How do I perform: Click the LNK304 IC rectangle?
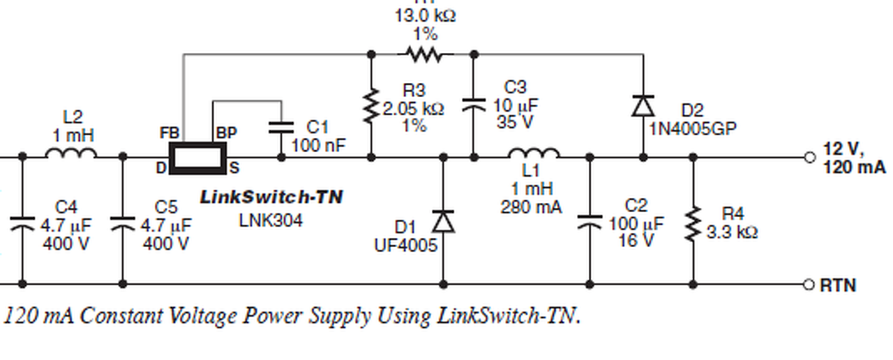click(x=199, y=158)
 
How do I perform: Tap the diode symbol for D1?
click(x=443, y=221)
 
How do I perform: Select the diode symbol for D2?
click(x=643, y=105)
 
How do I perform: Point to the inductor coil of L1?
click(x=534, y=153)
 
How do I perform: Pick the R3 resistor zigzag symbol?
click(x=370, y=106)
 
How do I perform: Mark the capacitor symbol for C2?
click(x=590, y=221)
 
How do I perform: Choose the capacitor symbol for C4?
click(x=22, y=223)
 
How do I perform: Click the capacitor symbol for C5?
click(x=123, y=223)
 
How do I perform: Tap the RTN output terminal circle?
click(x=809, y=285)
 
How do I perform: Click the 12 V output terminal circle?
click(x=809, y=158)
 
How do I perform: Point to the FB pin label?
click(x=170, y=133)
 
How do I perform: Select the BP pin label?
click(x=226, y=133)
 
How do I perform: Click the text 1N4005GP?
click(x=693, y=128)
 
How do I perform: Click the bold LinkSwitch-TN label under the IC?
click(x=271, y=197)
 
